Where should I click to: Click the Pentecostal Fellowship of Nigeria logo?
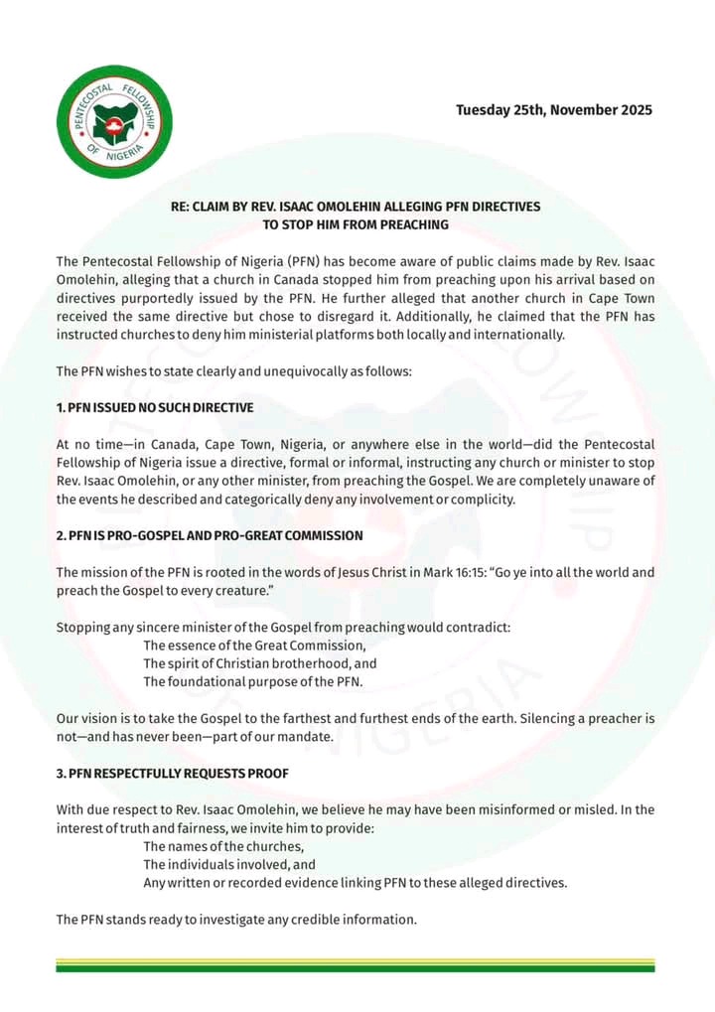click(x=114, y=122)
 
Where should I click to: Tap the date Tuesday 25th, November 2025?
click(x=554, y=110)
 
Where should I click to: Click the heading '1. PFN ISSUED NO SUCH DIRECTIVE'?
click(x=155, y=407)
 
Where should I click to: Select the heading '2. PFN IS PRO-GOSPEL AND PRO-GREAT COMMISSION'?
click(x=210, y=535)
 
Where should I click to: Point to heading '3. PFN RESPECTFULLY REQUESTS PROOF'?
click(x=173, y=773)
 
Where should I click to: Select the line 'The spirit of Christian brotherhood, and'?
click(x=260, y=663)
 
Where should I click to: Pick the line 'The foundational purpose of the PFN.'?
click(x=253, y=681)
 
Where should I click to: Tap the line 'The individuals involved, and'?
click(x=228, y=864)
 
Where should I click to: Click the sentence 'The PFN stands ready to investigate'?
click(x=236, y=920)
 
